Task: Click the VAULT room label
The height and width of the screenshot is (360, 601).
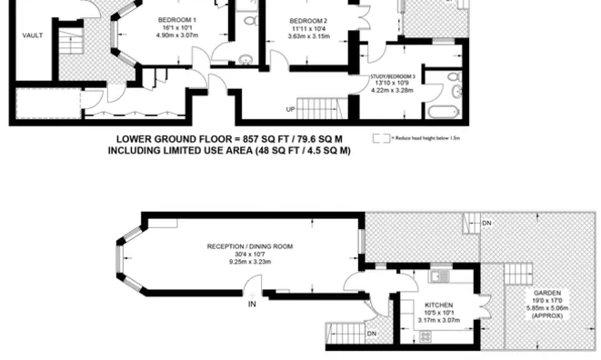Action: coord(34,37)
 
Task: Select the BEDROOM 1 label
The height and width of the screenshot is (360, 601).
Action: coord(179,20)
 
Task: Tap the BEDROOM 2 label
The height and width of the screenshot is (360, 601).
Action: coord(308,20)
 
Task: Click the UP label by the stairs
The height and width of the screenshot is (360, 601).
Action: coord(291,109)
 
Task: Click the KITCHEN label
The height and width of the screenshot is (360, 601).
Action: coord(440,305)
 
